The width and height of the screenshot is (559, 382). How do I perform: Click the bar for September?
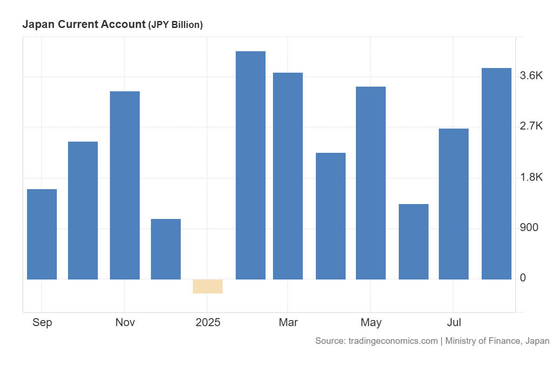point(42,234)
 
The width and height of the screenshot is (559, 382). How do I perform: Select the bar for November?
point(125,185)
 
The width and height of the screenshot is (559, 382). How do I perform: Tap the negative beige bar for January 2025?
point(208,286)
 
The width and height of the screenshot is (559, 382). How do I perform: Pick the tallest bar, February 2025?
point(251,165)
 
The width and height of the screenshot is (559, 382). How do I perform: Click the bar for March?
point(288,176)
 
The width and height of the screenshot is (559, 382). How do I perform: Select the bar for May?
point(371,183)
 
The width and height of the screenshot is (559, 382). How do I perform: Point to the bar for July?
point(454,204)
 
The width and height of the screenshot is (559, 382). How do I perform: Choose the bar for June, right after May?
point(414,242)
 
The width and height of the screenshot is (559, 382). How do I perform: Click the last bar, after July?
point(497,174)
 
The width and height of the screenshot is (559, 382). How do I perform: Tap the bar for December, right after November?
point(166,249)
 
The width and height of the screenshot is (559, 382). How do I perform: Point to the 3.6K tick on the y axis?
point(532,76)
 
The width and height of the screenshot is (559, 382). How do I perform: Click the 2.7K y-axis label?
point(532,126)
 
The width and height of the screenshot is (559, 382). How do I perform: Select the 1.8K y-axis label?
point(532,177)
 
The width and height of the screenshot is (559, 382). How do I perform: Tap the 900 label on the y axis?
point(529,227)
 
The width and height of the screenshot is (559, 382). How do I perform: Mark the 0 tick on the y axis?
point(523,278)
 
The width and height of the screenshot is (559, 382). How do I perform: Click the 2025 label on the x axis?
point(208,322)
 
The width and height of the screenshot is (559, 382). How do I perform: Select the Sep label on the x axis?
point(42,322)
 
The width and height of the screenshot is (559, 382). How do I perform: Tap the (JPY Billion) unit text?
point(175,25)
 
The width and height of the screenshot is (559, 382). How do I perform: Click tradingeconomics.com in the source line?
point(393,341)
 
